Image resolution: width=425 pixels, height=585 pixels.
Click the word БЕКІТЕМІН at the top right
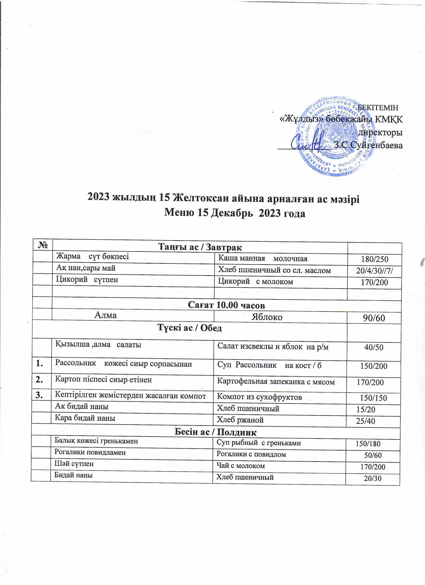click(x=379, y=107)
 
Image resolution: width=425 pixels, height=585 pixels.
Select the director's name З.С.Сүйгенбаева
click(x=368, y=145)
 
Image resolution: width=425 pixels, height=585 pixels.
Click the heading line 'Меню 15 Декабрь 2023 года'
click(x=234, y=213)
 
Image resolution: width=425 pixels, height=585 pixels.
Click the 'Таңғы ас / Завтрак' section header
click(x=200, y=247)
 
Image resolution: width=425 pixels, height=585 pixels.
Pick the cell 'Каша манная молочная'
click(x=263, y=258)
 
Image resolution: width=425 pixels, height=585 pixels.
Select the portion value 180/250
click(x=374, y=259)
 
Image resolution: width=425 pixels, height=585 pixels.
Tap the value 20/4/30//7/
click(x=375, y=271)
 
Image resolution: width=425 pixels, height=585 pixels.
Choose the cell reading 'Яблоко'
click(x=267, y=317)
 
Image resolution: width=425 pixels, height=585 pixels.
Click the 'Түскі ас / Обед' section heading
click(x=189, y=328)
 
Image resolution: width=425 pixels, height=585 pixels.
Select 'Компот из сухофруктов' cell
click(x=259, y=397)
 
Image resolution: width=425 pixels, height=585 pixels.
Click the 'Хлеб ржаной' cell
click(x=240, y=420)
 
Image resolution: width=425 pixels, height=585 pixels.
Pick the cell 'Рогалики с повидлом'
click(x=251, y=454)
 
